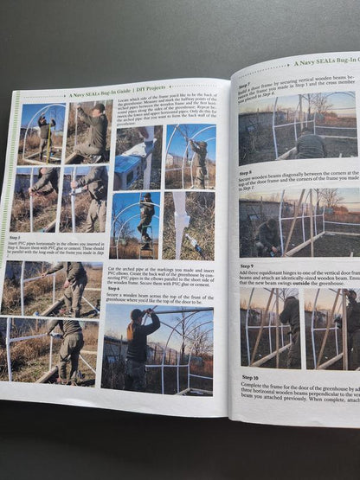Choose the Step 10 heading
(249, 377)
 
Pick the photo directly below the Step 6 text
(157, 346)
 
